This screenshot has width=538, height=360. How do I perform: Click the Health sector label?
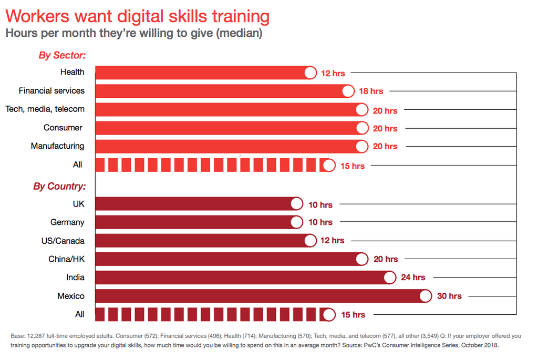(x=72, y=72)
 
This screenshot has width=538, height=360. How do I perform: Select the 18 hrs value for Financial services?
(x=371, y=91)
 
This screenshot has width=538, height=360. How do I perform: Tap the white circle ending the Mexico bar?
(x=426, y=296)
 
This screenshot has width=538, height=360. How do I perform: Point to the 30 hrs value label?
(x=449, y=296)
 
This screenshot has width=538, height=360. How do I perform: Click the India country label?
(x=75, y=277)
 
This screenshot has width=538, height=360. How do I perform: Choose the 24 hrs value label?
(x=413, y=277)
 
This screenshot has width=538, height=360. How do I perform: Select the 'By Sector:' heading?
(x=62, y=55)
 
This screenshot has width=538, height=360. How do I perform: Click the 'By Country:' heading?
(x=59, y=186)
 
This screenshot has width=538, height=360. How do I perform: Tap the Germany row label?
(x=67, y=222)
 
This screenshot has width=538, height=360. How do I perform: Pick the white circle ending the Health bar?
(x=310, y=73)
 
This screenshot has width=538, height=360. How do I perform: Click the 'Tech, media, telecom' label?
(x=45, y=109)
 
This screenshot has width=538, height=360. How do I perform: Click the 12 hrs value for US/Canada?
(x=332, y=241)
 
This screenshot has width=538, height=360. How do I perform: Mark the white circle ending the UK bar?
(x=296, y=204)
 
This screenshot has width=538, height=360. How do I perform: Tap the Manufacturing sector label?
(x=57, y=146)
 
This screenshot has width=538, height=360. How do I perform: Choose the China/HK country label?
(x=66, y=259)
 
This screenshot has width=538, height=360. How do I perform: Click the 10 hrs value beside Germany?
(x=320, y=222)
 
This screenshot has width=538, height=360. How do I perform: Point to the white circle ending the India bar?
(x=389, y=277)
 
